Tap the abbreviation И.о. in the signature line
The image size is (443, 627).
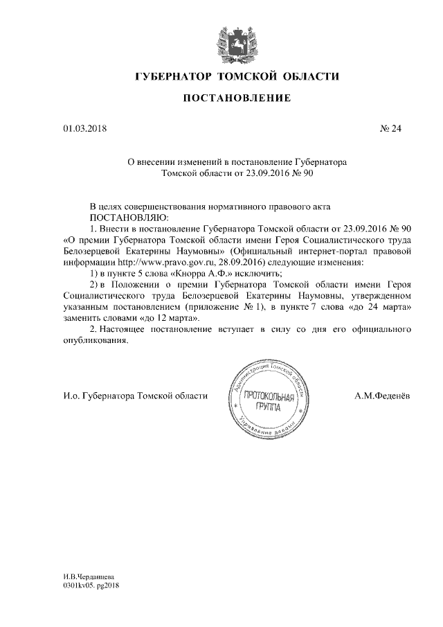[x=71, y=396]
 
